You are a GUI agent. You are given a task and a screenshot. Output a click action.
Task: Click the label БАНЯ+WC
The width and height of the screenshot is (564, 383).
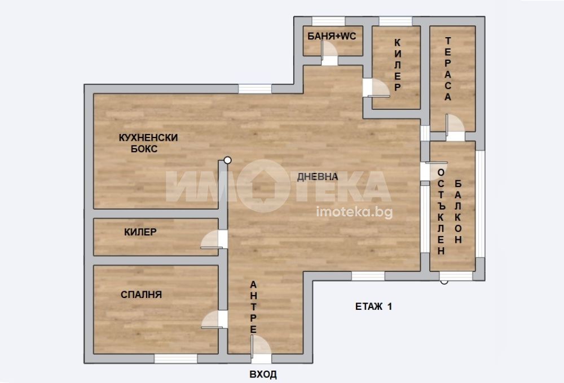332,36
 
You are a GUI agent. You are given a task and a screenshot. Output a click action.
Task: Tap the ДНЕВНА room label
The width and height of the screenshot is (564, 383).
318,176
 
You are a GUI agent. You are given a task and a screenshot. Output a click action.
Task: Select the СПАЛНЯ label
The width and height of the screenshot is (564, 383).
142,295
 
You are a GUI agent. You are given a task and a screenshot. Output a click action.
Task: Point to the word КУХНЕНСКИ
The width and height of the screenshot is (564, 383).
148,137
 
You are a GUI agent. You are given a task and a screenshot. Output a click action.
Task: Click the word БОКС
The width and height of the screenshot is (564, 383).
144,149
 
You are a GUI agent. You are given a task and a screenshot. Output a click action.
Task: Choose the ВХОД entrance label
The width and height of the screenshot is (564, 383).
263,375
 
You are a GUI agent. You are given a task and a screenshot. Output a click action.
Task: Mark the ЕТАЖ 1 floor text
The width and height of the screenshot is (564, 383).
374,306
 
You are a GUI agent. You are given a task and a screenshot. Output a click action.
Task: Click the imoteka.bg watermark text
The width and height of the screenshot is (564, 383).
354,212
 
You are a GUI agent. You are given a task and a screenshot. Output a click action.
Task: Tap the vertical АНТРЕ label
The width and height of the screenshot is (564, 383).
254,307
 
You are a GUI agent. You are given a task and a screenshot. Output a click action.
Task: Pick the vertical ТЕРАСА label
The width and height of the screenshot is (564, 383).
448,69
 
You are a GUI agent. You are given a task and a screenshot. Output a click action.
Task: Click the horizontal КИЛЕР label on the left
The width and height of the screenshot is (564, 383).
140,232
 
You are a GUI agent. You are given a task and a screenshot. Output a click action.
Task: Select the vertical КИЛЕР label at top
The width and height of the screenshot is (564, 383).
398,65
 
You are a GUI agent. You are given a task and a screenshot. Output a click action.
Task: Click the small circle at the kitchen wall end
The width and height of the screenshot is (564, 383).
227,161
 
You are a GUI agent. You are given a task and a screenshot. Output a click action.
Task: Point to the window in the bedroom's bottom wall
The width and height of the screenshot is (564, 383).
175,359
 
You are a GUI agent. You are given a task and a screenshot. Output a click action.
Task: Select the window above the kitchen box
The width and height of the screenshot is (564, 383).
255,89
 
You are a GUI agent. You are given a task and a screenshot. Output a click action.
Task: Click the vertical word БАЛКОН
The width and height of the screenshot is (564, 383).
458,212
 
